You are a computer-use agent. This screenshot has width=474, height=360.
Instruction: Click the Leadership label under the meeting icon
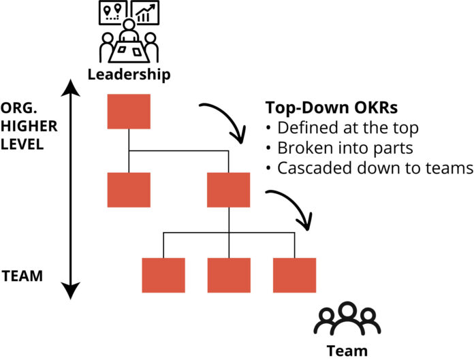[x=129, y=73]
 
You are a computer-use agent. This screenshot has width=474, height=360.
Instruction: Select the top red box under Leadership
[x=129, y=112]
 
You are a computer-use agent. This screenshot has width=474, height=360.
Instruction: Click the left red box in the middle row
[x=129, y=189]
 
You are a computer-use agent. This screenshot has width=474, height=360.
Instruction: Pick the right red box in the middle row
[x=229, y=189]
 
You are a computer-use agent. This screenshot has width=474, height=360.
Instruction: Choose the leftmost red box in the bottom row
[x=163, y=275]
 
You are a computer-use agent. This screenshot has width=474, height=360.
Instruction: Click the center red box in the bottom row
[x=229, y=275]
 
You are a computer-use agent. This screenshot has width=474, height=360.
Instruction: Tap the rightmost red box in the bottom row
[x=295, y=275]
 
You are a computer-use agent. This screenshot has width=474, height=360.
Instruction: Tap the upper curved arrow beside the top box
[x=225, y=119]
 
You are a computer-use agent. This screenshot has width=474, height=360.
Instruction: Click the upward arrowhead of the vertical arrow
[x=70, y=87]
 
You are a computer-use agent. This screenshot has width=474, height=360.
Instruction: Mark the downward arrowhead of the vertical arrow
[x=70, y=292]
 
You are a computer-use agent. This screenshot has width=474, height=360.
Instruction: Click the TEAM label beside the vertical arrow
[x=23, y=276]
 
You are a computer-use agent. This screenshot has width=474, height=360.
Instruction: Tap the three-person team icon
[x=347, y=319]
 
